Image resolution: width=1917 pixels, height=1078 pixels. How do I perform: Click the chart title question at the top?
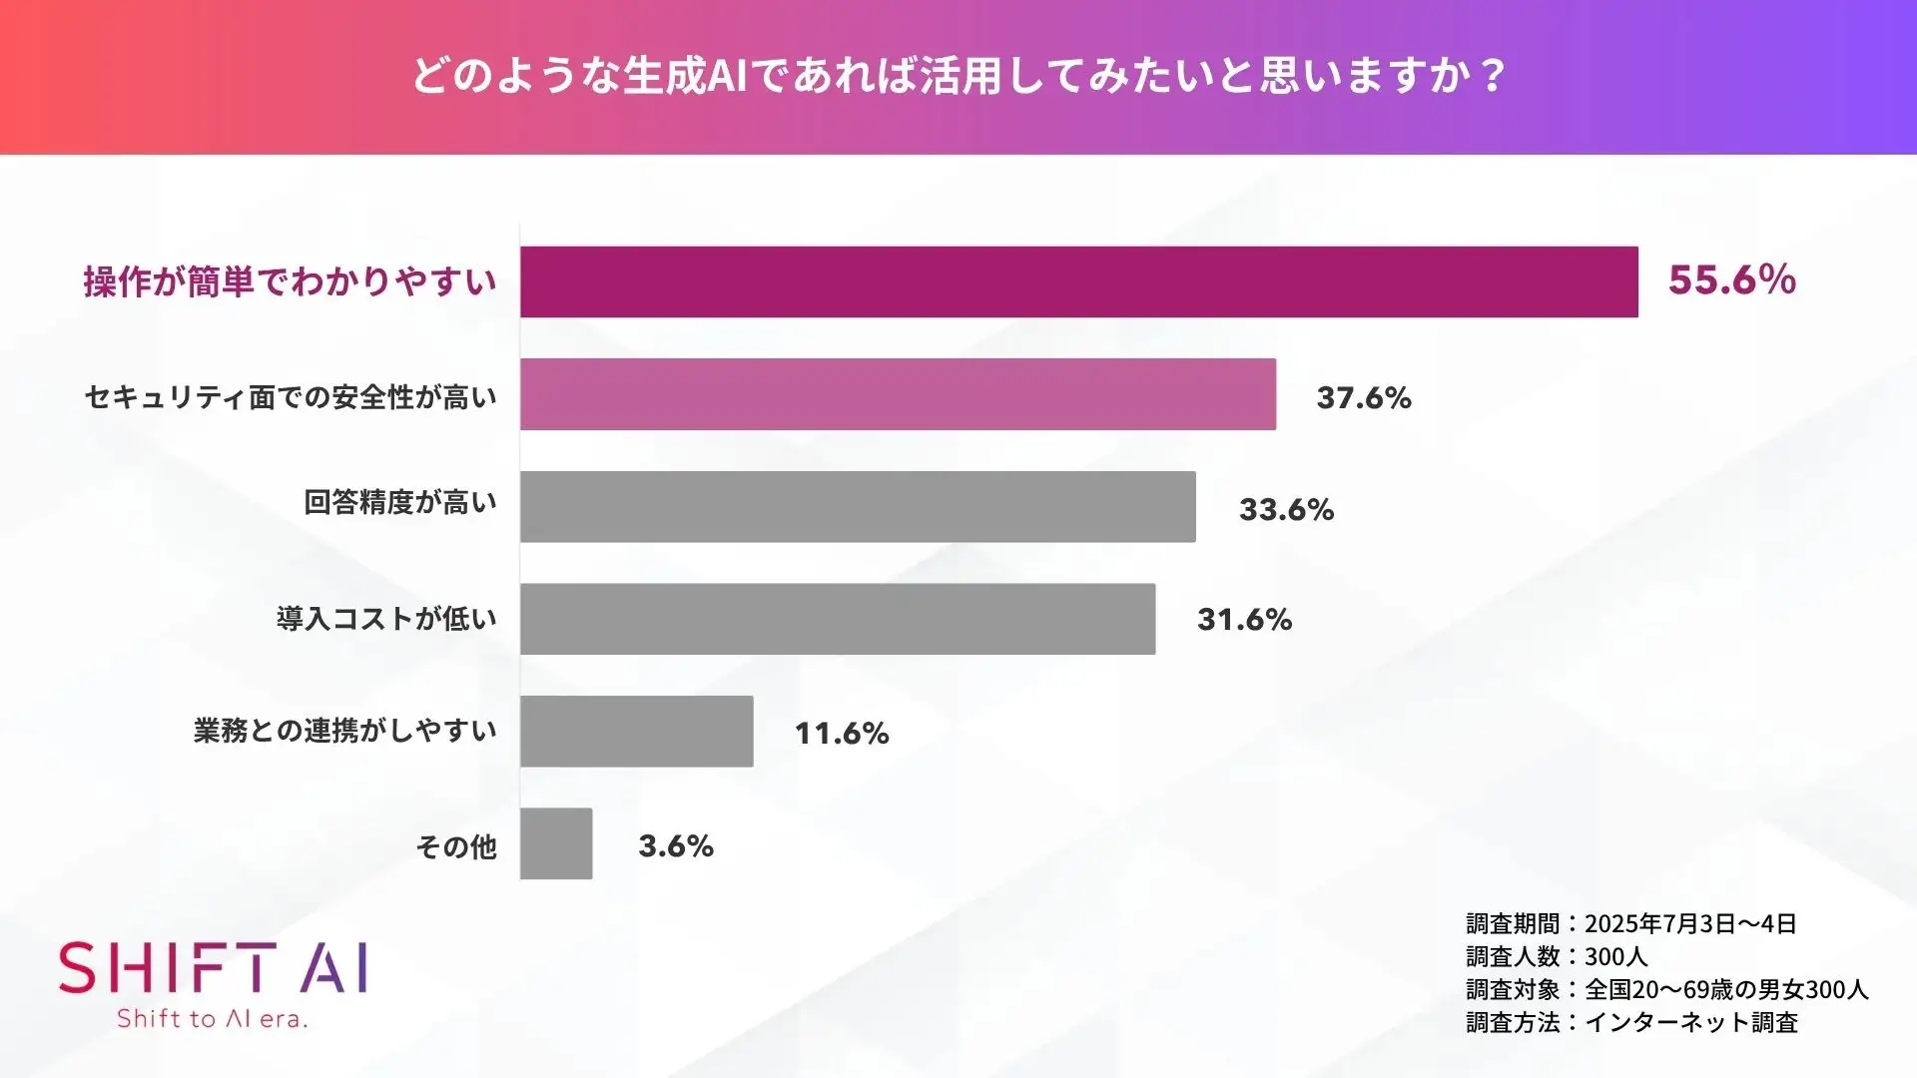click(958, 76)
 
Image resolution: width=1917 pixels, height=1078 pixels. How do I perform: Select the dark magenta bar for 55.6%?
click(1078, 281)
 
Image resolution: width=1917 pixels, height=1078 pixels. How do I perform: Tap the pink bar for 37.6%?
click(898, 394)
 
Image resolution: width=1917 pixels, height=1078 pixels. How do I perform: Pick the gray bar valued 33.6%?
click(858, 507)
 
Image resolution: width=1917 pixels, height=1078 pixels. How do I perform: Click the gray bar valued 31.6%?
click(838, 619)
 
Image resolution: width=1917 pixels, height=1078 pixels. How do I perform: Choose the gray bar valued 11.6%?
click(637, 732)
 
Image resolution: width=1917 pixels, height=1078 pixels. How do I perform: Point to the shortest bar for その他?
click(556, 843)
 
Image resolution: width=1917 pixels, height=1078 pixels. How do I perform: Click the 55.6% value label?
click(1731, 280)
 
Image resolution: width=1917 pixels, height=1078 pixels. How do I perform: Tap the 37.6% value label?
click(1364, 398)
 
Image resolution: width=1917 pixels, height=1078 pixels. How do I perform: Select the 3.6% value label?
click(676, 846)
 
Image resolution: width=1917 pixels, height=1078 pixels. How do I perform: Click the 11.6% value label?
click(842, 734)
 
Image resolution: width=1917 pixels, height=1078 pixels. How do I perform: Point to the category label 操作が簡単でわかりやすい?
click(290, 282)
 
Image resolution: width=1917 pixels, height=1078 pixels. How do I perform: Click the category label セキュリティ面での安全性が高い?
click(291, 397)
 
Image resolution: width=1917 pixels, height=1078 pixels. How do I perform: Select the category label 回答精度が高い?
click(400, 502)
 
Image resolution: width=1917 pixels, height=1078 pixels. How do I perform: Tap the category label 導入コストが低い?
click(386, 619)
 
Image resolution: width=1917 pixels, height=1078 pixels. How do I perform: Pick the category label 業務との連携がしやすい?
click(345, 731)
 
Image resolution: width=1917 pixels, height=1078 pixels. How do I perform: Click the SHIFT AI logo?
click(213, 968)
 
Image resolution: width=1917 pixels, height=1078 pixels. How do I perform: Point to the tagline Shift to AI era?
click(212, 1019)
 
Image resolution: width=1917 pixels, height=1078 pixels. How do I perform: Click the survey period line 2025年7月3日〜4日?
click(1630, 923)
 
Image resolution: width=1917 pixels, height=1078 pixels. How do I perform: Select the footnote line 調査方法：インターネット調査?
click(1631, 1022)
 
